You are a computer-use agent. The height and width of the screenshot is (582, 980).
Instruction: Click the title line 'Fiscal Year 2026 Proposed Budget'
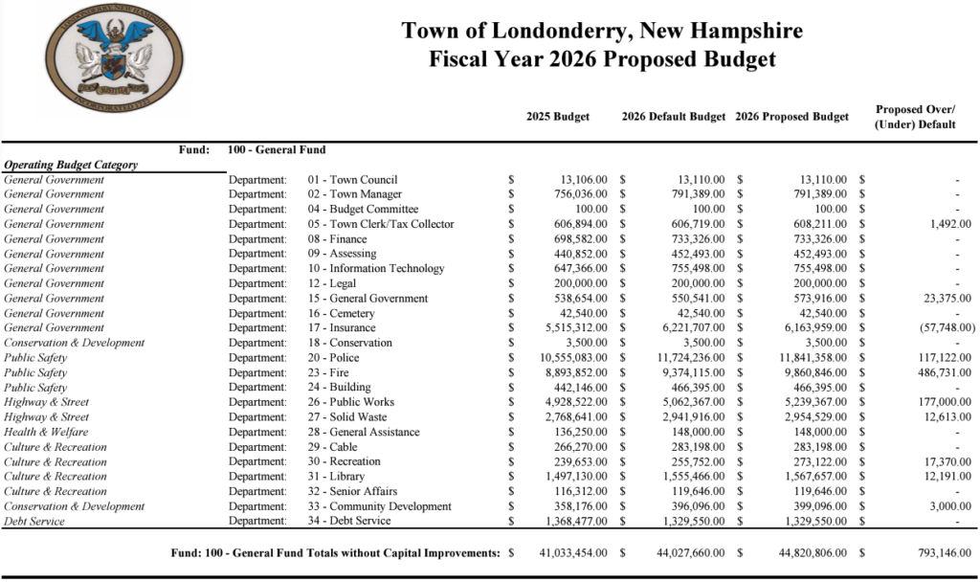[602, 59]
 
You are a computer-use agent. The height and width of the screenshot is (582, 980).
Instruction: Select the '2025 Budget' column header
[558, 117]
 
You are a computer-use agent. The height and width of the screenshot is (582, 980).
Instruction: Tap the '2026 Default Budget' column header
[674, 117]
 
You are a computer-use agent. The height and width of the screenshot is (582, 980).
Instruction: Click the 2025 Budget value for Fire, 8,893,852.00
[570, 372]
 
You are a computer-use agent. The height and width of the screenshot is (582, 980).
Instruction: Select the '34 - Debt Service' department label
[349, 521]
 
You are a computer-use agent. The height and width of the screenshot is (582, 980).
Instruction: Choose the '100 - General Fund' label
[278, 149]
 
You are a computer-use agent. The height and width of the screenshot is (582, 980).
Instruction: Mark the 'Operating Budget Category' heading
[71, 165]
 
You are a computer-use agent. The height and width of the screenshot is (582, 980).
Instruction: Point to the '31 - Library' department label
[341, 477]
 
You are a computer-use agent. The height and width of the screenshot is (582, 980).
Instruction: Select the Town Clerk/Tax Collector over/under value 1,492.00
[944, 224]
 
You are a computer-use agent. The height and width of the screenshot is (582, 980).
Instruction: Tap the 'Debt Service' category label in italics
[34, 521]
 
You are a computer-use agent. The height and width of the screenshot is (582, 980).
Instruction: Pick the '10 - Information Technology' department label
[376, 269]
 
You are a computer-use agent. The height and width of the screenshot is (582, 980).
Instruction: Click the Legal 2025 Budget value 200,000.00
[577, 283]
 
